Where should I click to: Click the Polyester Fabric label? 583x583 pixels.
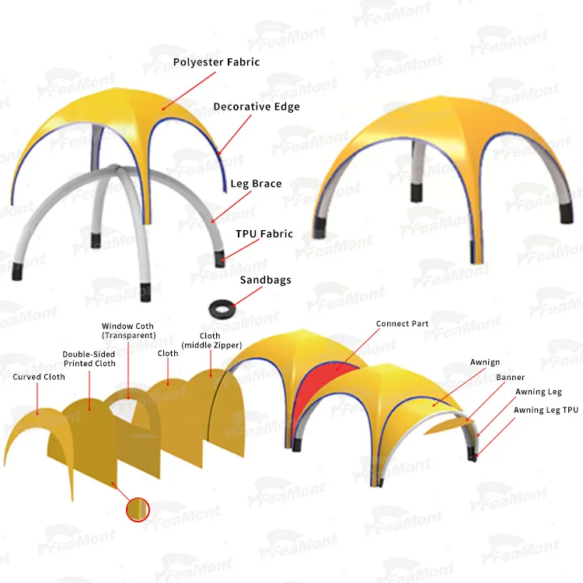(216, 61)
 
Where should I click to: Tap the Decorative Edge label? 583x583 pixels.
(256, 106)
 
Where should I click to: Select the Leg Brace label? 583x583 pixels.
(256, 184)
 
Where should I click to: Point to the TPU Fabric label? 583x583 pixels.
(264, 233)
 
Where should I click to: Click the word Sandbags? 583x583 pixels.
(265, 279)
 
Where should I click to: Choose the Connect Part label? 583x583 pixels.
(402, 323)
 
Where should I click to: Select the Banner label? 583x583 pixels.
(510, 377)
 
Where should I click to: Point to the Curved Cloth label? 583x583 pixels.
(39, 377)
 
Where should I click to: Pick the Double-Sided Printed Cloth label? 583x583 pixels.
(89, 358)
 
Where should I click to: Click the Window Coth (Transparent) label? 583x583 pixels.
(127, 330)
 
